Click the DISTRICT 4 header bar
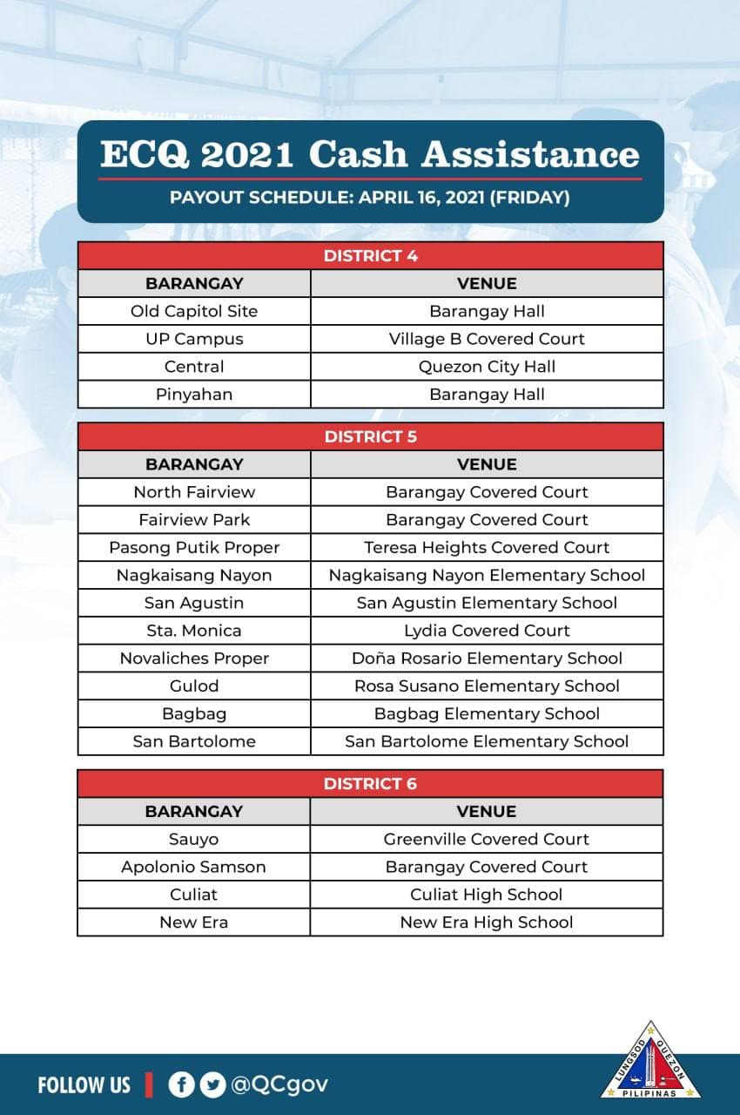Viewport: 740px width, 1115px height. [x=370, y=256]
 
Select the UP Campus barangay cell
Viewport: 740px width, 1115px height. [x=194, y=339]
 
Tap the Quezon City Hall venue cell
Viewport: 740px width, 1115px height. [x=487, y=367]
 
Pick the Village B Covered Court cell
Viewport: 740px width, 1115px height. [x=487, y=339]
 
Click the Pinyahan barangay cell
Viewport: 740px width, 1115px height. [x=194, y=395]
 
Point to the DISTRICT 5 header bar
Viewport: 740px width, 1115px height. [x=370, y=436]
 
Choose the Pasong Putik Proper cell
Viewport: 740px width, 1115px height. [x=194, y=548]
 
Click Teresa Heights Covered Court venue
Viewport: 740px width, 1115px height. [x=487, y=548]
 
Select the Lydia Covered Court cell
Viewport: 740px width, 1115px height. [x=487, y=631]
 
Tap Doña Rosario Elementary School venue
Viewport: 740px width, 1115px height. [x=487, y=659]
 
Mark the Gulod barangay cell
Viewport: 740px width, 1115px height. [x=194, y=686]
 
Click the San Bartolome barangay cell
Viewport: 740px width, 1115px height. [x=194, y=742]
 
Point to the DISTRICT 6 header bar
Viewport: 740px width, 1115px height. [x=370, y=783]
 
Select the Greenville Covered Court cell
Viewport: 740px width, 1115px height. [x=487, y=839]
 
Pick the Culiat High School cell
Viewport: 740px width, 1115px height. [x=487, y=895]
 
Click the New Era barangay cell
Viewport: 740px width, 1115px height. [x=194, y=922]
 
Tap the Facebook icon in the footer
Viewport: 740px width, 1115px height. [x=181, y=1085]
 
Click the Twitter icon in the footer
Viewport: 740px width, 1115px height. [x=212, y=1085]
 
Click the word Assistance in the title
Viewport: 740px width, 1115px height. [x=530, y=154]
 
